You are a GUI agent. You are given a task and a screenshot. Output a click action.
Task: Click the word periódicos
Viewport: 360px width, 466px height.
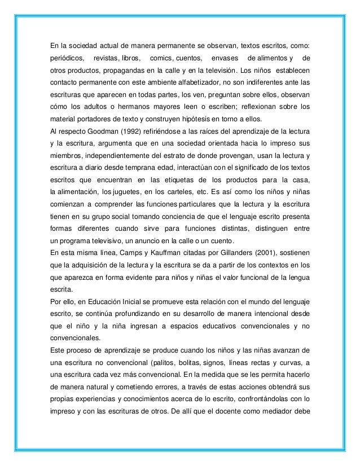tap(65, 59)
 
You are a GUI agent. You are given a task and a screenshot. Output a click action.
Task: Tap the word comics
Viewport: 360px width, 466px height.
tap(162, 59)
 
